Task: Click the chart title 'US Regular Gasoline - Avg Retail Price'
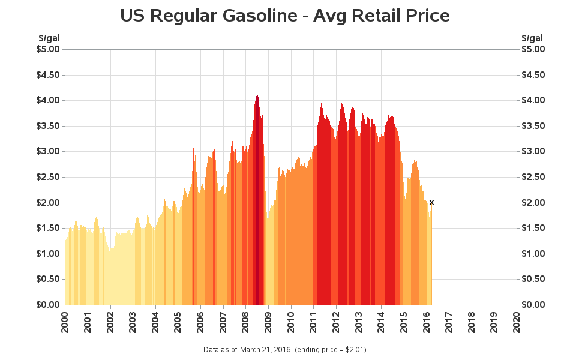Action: pos(285,16)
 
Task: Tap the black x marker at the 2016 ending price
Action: pos(431,203)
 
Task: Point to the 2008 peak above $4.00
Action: pos(257,96)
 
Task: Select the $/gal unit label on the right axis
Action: pos(532,38)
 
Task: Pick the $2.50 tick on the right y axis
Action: pos(534,177)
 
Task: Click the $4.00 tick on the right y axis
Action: pos(534,100)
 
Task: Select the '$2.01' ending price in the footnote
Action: pos(354,349)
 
